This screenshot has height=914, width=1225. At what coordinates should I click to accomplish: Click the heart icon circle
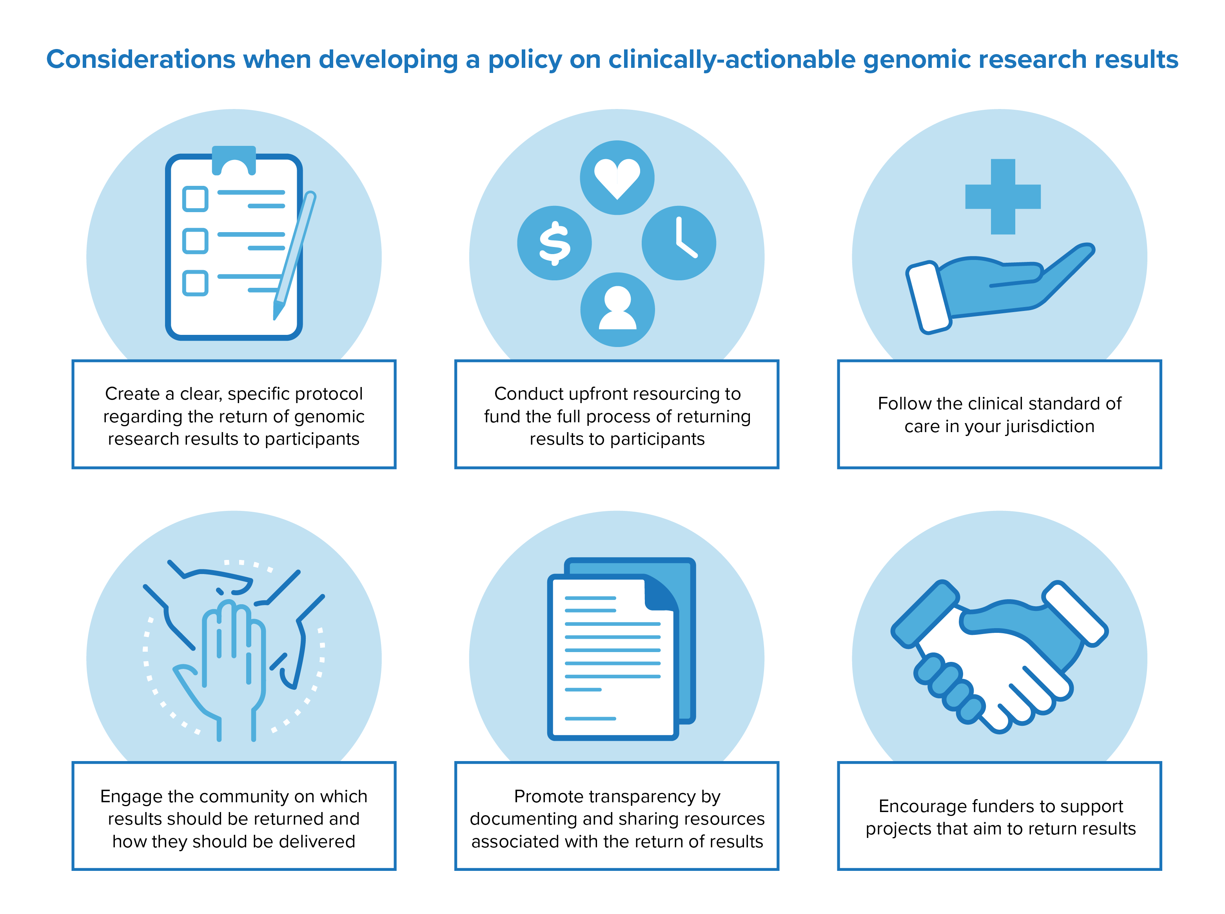(617, 178)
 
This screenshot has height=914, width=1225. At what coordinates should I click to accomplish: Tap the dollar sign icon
(554, 243)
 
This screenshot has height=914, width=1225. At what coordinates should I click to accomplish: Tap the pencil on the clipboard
(294, 256)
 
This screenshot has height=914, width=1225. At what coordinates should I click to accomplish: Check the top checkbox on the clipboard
(195, 199)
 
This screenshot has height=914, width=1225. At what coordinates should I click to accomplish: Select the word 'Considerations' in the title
(141, 59)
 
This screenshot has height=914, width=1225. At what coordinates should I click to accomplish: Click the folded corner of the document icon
(659, 593)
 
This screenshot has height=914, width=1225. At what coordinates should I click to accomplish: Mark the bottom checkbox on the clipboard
(195, 283)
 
